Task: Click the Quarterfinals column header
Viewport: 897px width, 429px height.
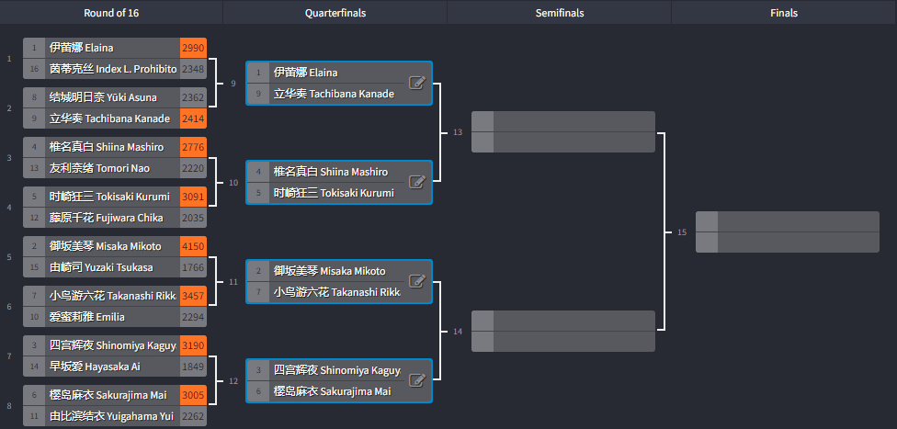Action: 335,13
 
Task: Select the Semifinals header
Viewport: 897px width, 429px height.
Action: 560,13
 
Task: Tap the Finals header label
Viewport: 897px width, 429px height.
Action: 784,13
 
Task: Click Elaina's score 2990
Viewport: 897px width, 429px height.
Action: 193,48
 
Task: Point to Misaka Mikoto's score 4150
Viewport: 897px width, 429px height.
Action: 193,246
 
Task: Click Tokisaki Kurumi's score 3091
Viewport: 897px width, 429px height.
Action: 193,197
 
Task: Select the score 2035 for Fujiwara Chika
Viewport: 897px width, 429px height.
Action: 193,218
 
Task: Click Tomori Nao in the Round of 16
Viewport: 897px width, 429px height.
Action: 99,168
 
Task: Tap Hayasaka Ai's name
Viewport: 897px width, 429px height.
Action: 95,367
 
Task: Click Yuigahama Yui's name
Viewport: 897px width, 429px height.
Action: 111,416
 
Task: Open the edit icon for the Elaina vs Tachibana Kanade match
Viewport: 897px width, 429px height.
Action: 417,83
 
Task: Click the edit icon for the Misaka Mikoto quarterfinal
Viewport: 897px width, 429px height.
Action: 417,281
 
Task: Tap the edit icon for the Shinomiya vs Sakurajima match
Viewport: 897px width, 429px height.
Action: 417,380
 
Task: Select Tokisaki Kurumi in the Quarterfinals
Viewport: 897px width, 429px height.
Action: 335,193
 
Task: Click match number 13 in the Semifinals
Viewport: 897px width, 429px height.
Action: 458,132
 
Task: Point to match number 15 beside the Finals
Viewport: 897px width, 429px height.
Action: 682,232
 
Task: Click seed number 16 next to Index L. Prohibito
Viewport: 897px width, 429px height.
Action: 34,69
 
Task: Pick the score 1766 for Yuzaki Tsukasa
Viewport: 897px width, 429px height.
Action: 193,267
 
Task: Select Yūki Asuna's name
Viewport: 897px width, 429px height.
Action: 103,97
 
